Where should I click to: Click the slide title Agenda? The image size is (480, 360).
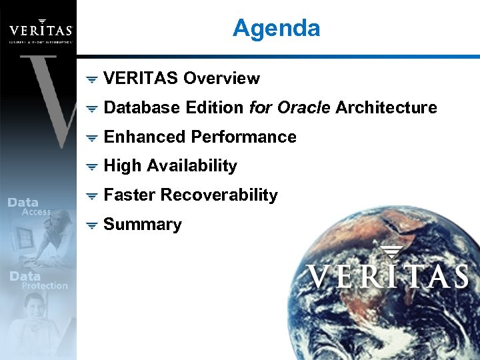coord(276,28)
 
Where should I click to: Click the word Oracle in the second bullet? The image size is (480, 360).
coord(308,108)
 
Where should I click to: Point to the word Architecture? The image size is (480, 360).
coord(386,108)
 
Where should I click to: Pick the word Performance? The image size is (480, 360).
coord(243,137)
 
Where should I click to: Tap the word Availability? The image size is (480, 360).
coord(192,166)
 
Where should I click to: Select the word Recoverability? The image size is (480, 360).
coord(219,195)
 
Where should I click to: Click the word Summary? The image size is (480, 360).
coord(143,225)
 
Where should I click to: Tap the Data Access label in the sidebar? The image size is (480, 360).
coord(30,207)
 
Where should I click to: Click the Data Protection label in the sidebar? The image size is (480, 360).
coord(38,281)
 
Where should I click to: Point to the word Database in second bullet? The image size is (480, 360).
coord(141,108)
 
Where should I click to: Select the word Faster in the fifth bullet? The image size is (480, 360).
coord(130,195)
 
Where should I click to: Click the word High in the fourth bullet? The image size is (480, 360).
coord(123,166)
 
